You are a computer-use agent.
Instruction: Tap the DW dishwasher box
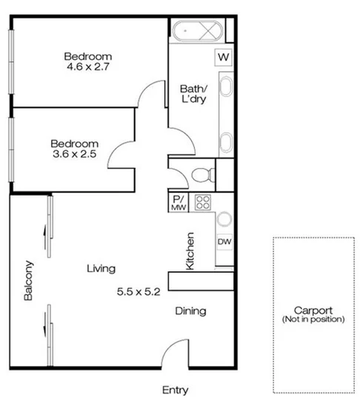pyautogui.click(x=224, y=241)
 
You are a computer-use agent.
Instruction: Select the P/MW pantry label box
pyautogui.click(x=179, y=203)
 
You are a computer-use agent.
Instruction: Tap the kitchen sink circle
pyautogui.click(x=224, y=219)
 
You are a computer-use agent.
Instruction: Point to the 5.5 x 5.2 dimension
pyautogui.click(x=139, y=292)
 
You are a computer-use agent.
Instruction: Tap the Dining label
pyautogui.click(x=190, y=311)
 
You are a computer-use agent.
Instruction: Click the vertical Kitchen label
pyautogui.click(x=190, y=251)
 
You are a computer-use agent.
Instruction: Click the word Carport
pyautogui.click(x=313, y=310)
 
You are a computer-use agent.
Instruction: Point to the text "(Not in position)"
pyautogui.click(x=313, y=320)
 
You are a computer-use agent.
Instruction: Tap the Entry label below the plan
pyautogui.click(x=176, y=390)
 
